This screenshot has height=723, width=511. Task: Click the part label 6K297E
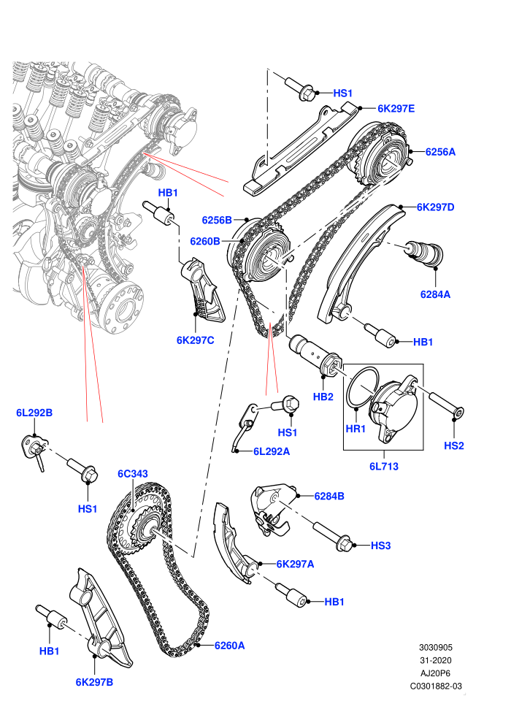(396, 109)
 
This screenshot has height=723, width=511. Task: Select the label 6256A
(440, 152)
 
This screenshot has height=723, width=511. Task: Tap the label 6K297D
(435, 207)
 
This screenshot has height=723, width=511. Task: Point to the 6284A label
(435, 294)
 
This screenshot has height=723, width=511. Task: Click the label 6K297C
(196, 340)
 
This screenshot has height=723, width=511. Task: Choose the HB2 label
(323, 396)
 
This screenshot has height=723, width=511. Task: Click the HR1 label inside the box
(356, 429)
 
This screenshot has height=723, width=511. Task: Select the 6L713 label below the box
(383, 466)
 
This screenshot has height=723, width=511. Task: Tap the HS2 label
(453, 445)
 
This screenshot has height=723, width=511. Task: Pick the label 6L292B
(34, 413)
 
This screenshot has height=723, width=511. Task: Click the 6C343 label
(133, 473)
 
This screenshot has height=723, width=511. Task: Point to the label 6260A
(229, 646)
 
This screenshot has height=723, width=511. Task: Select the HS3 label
(380, 546)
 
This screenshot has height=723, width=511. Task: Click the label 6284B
(329, 496)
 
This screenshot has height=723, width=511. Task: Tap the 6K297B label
(94, 682)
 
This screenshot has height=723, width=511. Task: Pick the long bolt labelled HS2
(446, 403)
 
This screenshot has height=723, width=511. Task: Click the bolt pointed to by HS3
(333, 535)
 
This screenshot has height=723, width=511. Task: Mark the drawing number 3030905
(435, 647)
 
